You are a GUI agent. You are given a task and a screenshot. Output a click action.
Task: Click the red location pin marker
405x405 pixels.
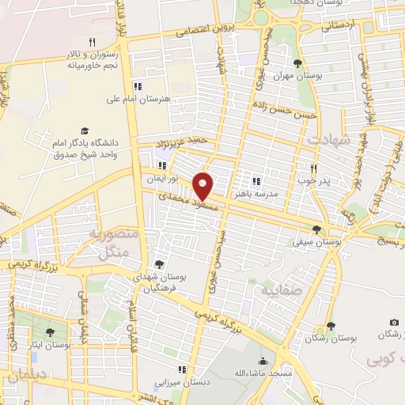[203, 185]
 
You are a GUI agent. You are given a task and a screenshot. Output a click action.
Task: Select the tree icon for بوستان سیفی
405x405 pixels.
[317, 230]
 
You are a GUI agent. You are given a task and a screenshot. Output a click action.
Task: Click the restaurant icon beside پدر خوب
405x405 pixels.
[314, 168]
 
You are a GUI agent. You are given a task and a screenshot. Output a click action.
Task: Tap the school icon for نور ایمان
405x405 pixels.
[162, 166]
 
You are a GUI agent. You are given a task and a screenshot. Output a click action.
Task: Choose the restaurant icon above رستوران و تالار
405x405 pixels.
[92, 43]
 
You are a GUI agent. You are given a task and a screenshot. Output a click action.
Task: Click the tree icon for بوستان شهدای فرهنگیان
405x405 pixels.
[159, 265]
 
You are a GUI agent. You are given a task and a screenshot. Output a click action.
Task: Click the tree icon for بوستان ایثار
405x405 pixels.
[51, 333]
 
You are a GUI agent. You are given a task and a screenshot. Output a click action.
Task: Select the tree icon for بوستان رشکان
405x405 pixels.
[331, 326]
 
